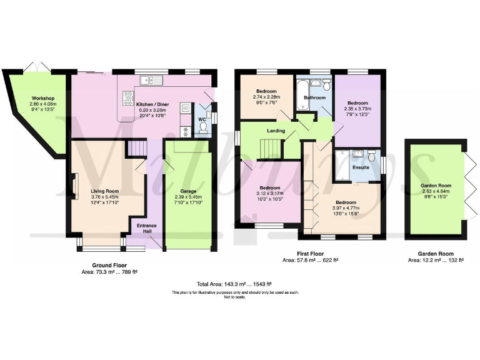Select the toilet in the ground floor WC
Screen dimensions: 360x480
[x=202, y=128]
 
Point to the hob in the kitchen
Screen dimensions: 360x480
[x=129, y=99]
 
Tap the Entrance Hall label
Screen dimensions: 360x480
[x=146, y=229]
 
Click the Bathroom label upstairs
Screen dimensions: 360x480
[x=314, y=97]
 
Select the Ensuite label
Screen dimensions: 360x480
[x=361, y=167]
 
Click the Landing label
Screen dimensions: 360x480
[x=276, y=131]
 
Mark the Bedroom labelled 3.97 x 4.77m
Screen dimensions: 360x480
[x=345, y=203]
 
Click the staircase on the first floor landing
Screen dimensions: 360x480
[x=270, y=149]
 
